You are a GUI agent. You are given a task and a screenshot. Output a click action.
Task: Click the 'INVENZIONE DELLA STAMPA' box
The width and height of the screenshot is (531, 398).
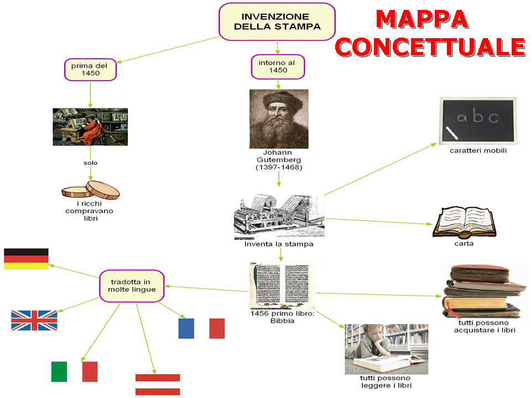[x=277, y=22]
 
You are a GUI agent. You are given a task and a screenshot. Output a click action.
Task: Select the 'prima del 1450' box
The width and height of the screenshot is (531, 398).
[x=90, y=69]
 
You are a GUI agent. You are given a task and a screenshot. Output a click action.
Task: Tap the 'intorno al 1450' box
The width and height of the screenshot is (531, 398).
[x=278, y=66]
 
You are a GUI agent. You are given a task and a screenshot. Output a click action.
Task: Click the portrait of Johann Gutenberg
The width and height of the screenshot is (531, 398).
[x=279, y=119]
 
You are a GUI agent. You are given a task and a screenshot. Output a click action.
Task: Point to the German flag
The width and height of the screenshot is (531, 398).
[x=26, y=259]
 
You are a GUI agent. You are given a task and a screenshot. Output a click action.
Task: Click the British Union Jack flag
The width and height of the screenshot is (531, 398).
[x=34, y=320]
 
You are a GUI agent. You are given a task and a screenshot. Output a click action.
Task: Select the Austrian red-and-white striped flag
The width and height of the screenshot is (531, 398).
[x=158, y=385]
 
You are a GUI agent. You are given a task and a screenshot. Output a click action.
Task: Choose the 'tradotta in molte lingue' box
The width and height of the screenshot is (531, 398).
[x=132, y=285]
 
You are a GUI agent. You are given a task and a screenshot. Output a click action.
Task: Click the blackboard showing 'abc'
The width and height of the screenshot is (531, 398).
[x=478, y=120]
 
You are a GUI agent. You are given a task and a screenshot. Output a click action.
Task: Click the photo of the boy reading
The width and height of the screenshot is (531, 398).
[x=386, y=350]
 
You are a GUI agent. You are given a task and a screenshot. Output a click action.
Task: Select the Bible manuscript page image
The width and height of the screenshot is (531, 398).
[x=282, y=285]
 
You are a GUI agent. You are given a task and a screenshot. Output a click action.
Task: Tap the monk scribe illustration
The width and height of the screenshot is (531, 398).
[x=90, y=127]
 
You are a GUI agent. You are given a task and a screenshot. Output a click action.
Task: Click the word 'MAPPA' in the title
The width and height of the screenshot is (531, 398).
[x=421, y=19]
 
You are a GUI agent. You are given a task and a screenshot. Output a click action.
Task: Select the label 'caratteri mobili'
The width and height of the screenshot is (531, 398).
[x=478, y=150]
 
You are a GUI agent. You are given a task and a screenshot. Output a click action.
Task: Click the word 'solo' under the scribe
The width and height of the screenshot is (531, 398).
[x=91, y=163]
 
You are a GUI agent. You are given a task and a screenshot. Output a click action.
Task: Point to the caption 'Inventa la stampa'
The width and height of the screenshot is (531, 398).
[x=279, y=244]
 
